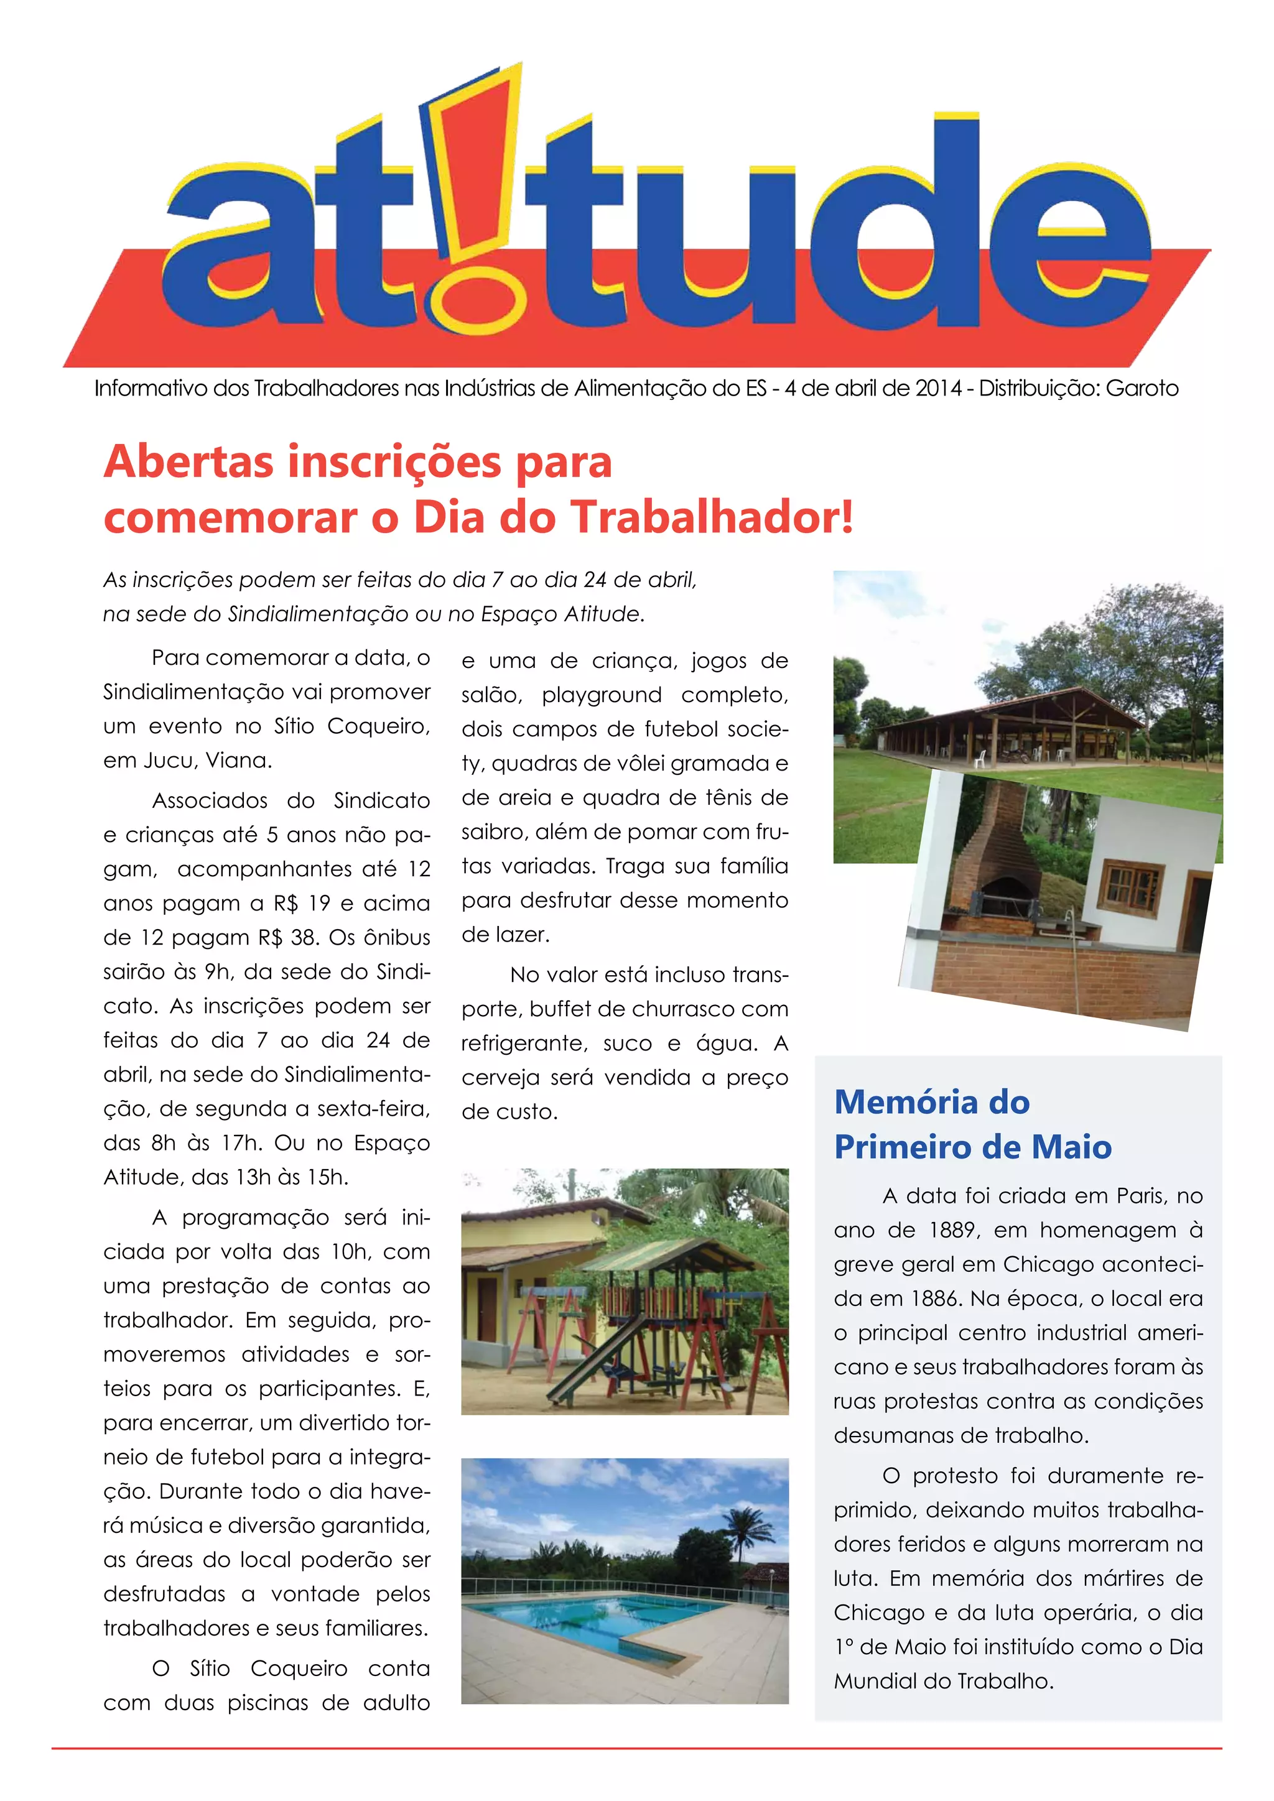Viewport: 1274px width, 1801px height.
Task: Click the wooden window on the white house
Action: [x=1132, y=888]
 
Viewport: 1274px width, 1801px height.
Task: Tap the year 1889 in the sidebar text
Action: [x=953, y=1231]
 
